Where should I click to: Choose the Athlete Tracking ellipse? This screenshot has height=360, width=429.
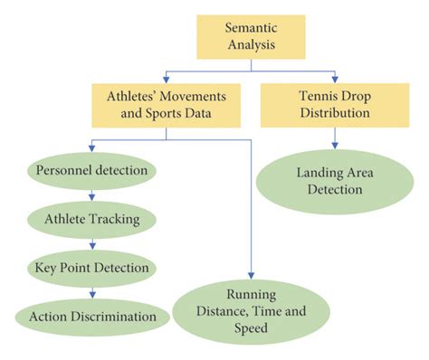click(x=92, y=218)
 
